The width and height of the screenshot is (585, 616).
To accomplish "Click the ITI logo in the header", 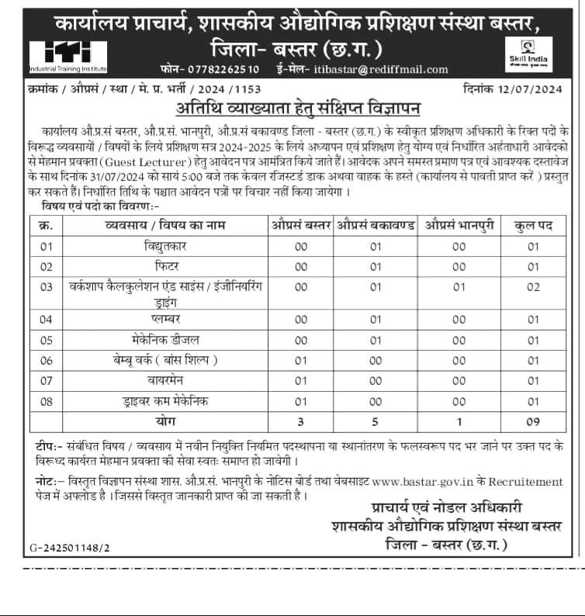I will coord(67,55).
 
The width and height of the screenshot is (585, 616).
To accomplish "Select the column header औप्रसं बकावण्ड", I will coord(376,225).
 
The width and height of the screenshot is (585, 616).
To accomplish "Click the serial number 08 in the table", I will coord(46,401).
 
